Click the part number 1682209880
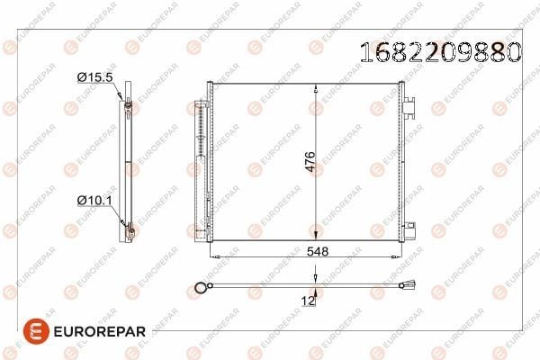(440, 52)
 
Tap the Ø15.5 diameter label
(95, 77)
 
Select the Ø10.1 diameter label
(94, 200)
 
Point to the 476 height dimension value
(310, 161)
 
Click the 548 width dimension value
(318, 251)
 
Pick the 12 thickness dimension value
(308, 301)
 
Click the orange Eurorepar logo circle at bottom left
(36, 331)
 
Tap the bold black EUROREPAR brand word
(100, 331)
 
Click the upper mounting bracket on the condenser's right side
(409, 107)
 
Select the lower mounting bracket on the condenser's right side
(409, 230)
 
